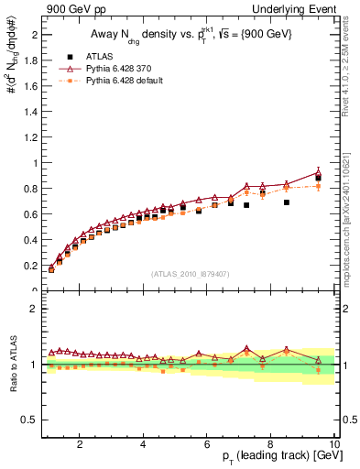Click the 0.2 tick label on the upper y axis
28,266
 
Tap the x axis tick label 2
81,443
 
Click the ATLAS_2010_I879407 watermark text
191,273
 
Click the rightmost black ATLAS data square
318,178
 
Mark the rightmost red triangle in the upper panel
318,171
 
